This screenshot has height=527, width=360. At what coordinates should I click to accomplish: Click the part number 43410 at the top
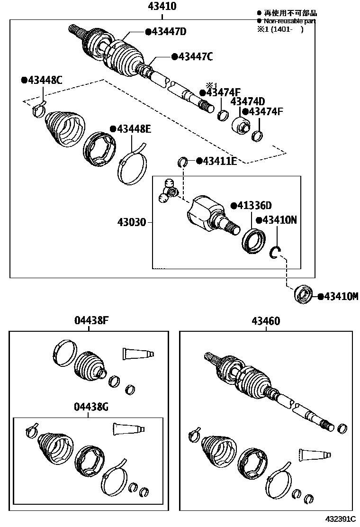[162, 7]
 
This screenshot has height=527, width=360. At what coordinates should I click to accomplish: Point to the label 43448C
[44, 80]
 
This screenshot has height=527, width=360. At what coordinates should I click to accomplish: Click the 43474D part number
[247, 101]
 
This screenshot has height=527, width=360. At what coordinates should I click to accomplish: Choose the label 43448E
[133, 129]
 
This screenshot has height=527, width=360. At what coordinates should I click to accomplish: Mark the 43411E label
[219, 161]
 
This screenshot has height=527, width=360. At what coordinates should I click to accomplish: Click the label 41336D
[254, 206]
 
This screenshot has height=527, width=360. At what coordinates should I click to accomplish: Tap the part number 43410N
[279, 220]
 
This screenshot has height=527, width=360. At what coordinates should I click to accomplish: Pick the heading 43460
[265, 321]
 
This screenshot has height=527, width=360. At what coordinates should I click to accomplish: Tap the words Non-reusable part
[289, 21]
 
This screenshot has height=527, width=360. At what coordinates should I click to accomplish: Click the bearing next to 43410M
[303, 295]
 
